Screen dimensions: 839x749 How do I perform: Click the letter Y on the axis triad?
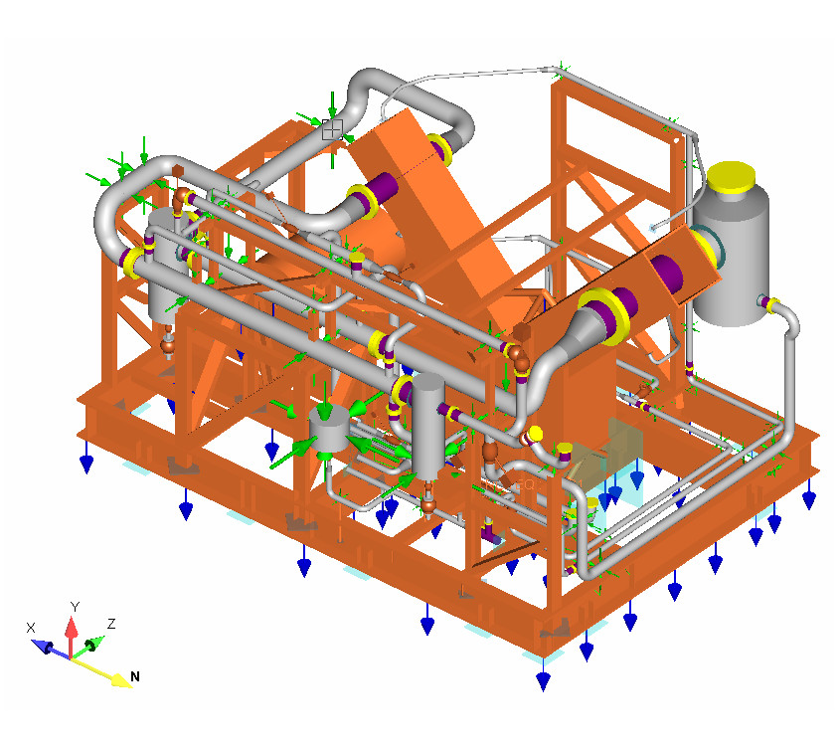pos(75,607)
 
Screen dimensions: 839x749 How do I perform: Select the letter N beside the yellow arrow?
pos(135,676)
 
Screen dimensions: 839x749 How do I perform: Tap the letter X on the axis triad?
pos(31,628)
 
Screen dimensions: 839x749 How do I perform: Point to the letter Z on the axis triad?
pos(111,624)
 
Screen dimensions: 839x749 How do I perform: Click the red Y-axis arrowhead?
pos(72,627)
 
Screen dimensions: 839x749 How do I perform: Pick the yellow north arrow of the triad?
pos(101,672)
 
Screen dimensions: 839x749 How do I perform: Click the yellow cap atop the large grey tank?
pos(731,176)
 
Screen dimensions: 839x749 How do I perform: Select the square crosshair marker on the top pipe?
pos(332,129)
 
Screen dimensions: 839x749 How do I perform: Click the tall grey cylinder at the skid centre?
pos(428,426)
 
